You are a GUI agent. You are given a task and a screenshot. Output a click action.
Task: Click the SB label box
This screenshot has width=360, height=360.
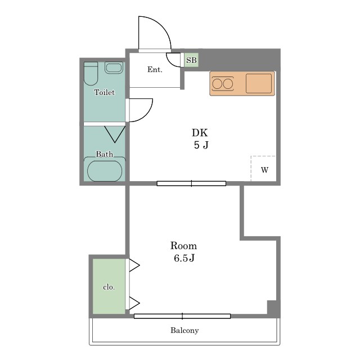(x=191, y=60)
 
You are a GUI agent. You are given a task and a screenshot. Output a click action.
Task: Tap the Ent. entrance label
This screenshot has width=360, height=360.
(x=155, y=69)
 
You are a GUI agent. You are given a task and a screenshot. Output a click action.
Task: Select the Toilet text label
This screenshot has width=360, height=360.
(x=105, y=92)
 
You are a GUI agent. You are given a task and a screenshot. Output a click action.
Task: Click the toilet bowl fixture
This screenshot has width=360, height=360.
(x=91, y=74)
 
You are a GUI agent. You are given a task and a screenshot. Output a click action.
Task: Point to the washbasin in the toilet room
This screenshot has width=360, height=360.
(x=114, y=67)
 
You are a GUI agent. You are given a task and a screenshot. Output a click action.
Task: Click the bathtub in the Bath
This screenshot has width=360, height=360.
(x=105, y=170)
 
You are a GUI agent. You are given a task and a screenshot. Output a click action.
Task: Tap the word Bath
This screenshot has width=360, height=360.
(x=105, y=154)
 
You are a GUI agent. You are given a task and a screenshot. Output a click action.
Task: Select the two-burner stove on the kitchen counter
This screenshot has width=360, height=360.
(x=223, y=84)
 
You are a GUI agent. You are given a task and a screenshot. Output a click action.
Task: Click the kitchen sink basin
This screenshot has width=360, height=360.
(x=259, y=83)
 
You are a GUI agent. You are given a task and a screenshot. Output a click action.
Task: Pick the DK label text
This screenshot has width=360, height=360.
(x=200, y=133)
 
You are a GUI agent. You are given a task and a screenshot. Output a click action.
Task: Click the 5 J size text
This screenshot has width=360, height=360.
(x=201, y=145)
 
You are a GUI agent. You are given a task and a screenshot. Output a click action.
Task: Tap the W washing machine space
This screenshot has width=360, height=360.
(x=264, y=169)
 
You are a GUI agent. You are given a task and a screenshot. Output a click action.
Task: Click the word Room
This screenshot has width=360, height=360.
(x=183, y=246)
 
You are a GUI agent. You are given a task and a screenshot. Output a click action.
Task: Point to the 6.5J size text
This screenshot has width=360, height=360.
(x=184, y=258)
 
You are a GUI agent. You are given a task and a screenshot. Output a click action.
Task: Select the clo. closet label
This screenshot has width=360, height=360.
(x=109, y=287)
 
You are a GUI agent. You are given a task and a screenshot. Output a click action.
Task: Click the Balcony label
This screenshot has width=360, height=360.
(x=184, y=330)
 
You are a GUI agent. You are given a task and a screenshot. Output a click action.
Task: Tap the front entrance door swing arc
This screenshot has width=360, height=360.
(x=162, y=24)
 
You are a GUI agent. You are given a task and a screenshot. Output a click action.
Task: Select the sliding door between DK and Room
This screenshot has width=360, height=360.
(x=191, y=183)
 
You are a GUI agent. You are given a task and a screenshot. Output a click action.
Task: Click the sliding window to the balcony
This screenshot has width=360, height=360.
(x=182, y=316)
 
